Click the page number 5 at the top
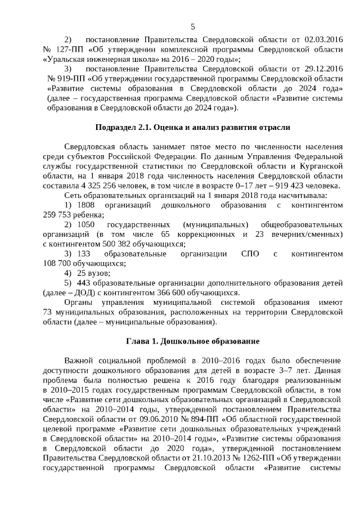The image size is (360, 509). pyautogui.click(x=193, y=26)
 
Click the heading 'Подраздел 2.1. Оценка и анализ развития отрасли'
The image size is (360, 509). pyautogui.click(x=192, y=127)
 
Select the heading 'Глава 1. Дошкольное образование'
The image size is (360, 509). pyautogui.click(x=192, y=341)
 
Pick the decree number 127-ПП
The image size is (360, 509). pyautogui.click(x=69, y=49)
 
